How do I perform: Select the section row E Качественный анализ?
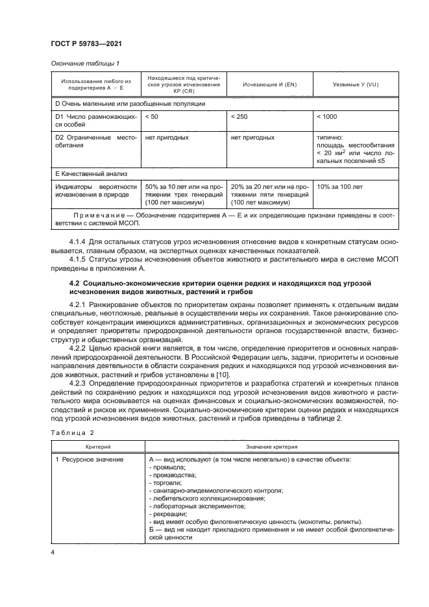(x=91, y=173)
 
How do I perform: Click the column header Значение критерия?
(x=271, y=447)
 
